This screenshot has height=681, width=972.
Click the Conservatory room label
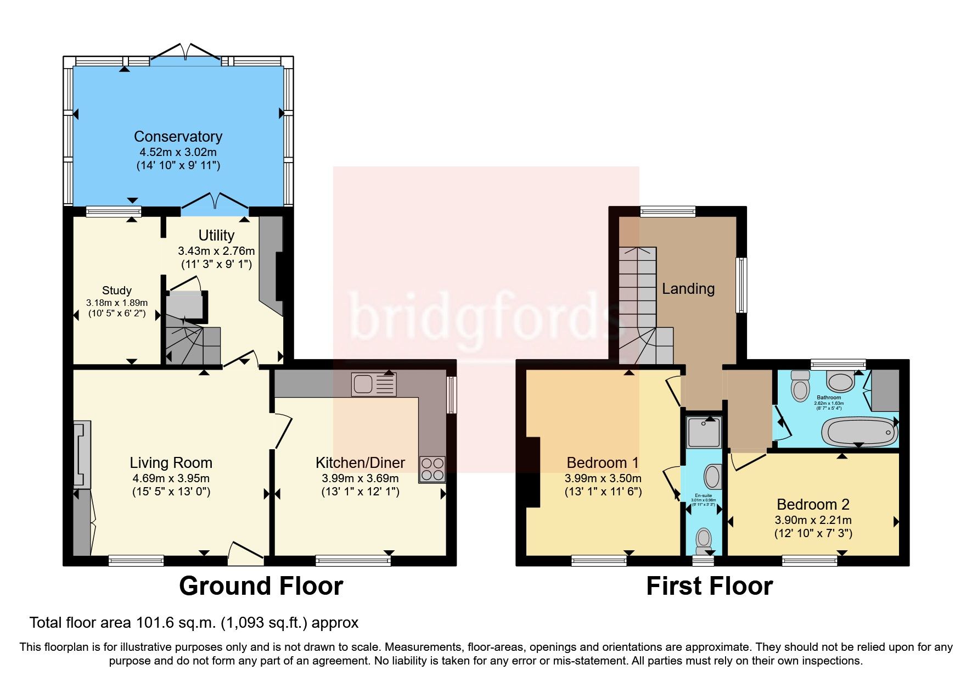coord(178,137)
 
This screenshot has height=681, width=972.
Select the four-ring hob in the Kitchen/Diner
coord(432,470)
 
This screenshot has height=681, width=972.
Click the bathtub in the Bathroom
coord(859,432)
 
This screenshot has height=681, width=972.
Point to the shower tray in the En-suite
coord(704,432)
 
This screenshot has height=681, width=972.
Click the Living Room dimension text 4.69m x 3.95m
coord(171,478)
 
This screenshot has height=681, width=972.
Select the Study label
coord(116,291)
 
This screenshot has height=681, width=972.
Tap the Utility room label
coord(216,236)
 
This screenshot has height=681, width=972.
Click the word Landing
coord(688,289)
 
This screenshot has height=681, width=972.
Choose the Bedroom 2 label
coord(813,504)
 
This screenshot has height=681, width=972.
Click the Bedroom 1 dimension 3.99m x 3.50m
coord(603,478)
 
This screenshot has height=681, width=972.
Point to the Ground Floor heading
coord(261,586)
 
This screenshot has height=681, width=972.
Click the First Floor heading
coord(709,586)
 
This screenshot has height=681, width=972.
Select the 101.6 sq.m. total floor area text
coord(193,623)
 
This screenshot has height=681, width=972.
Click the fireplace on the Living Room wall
coord(82,454)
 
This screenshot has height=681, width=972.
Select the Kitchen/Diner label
coord(360,463)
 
